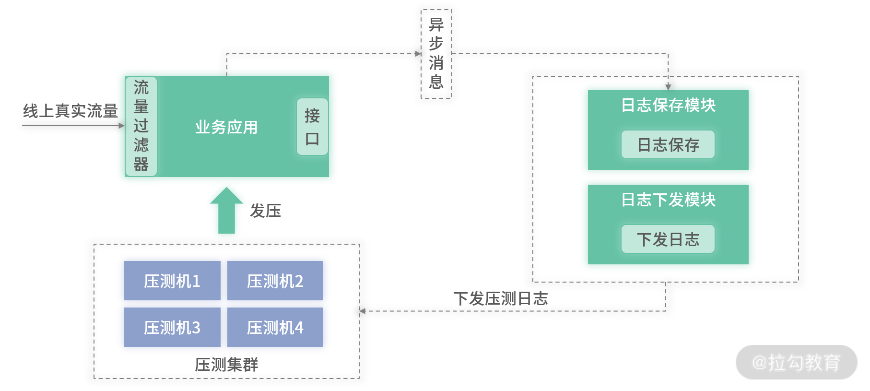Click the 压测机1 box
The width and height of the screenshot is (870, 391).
(172, 281)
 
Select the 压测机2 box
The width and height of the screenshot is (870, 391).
(275, 281)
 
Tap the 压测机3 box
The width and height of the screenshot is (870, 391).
(172, 327)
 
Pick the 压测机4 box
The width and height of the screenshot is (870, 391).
(275, 327)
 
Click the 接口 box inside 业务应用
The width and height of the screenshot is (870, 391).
(312, 127)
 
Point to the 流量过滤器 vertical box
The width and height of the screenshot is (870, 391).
(141, 126)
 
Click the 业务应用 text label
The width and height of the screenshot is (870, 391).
(226, 127)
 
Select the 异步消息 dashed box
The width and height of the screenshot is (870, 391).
(436, 54)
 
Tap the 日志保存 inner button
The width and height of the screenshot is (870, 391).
(668, 144)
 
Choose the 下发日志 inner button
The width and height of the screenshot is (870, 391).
(668, 239)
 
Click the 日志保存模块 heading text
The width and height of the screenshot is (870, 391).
(668, 105)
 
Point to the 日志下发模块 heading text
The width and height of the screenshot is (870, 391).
(668, 200)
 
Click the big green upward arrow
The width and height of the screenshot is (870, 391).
(226, 210)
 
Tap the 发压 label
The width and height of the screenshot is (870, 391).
(265, 211)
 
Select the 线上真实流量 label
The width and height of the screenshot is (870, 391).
(71, 111)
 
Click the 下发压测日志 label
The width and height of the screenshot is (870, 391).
(501, 298)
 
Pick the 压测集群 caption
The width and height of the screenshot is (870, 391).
(226, 365)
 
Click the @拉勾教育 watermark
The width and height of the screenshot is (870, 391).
(796, 362)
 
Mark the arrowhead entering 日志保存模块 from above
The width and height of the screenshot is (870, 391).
(668, 87)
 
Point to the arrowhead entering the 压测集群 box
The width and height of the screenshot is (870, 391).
(363, 311)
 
